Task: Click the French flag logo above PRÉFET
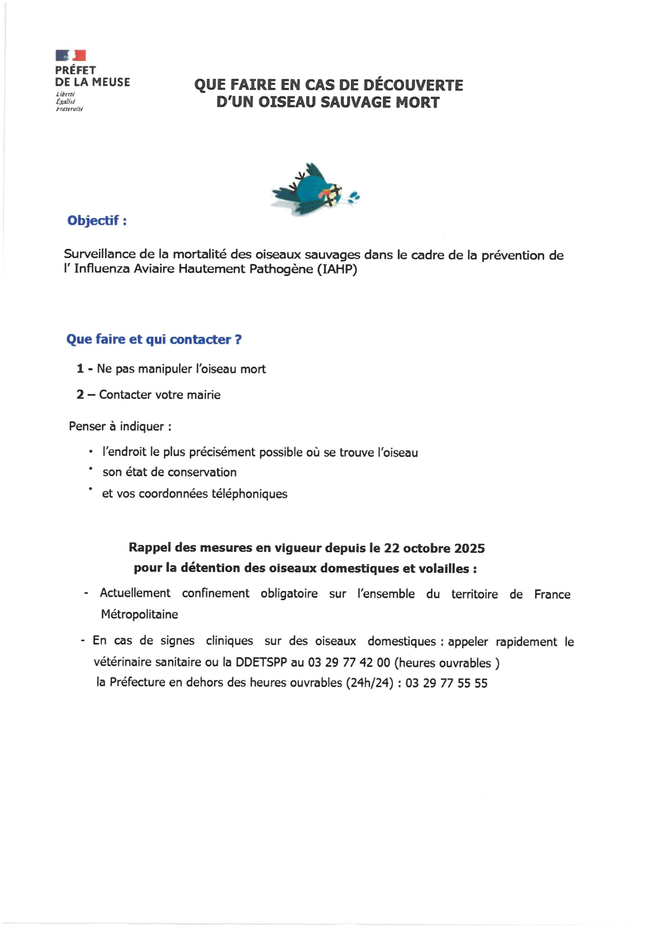coord(71,55)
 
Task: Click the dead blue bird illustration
coord(315,190)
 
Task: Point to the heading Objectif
coord(96,221)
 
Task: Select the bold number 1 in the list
coord(80,369)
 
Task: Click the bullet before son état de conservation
coord(91,468)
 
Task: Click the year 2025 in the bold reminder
coord(469,548)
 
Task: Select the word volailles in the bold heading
coord(444,569)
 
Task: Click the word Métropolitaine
coord(139,614)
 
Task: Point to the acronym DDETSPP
coord(261,663)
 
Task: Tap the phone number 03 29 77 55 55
coord(446,683)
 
